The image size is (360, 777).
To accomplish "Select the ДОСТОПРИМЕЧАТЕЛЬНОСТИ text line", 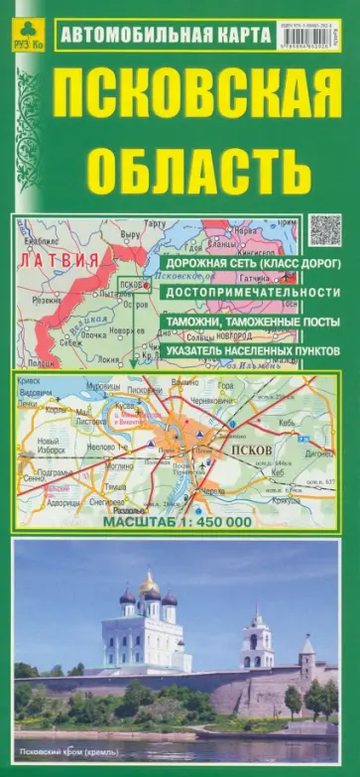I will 247,294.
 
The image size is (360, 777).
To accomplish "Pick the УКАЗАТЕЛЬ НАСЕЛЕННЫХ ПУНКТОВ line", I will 252,351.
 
